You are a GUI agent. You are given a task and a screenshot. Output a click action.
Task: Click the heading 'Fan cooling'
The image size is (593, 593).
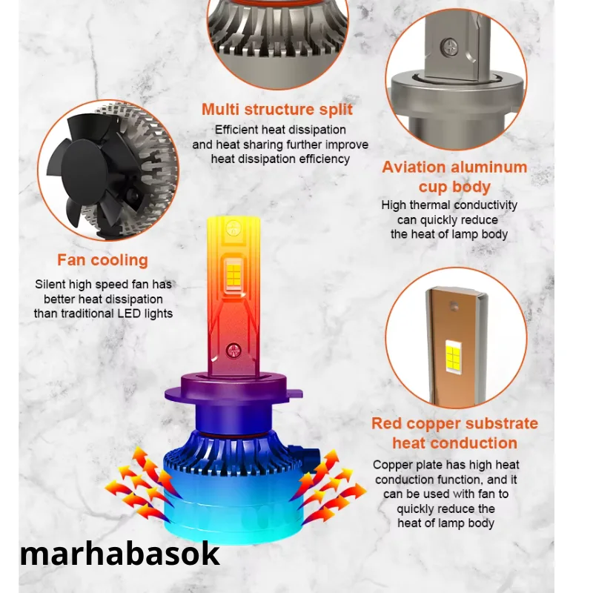[x=102, y=260]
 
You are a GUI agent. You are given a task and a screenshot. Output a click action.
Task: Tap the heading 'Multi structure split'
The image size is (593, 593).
[x=276, y=109]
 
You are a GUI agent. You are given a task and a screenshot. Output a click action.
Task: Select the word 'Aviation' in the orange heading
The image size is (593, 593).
[x=414, y=168]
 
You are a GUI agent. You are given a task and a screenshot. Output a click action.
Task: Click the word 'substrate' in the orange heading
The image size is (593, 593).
[x=502, y=423]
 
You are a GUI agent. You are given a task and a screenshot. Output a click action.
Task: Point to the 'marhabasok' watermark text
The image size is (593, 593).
[x=120, y=554]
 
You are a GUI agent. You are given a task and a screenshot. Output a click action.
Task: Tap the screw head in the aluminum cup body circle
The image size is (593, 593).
[x=449, y=47]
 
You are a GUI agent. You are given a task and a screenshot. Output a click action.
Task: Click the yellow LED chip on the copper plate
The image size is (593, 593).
[x=453, y=357]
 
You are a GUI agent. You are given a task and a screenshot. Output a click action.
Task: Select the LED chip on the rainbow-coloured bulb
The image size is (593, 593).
[x=233, y=275]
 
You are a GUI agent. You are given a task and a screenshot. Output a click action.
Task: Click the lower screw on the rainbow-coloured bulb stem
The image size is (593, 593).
[x=233, y=351]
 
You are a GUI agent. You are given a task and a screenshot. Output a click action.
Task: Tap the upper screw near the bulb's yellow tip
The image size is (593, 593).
[x=233, y=228]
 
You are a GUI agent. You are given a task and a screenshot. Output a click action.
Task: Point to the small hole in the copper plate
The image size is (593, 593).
[x=453, y=305]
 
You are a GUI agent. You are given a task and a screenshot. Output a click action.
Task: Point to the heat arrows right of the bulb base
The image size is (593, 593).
[x=329, y=486]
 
